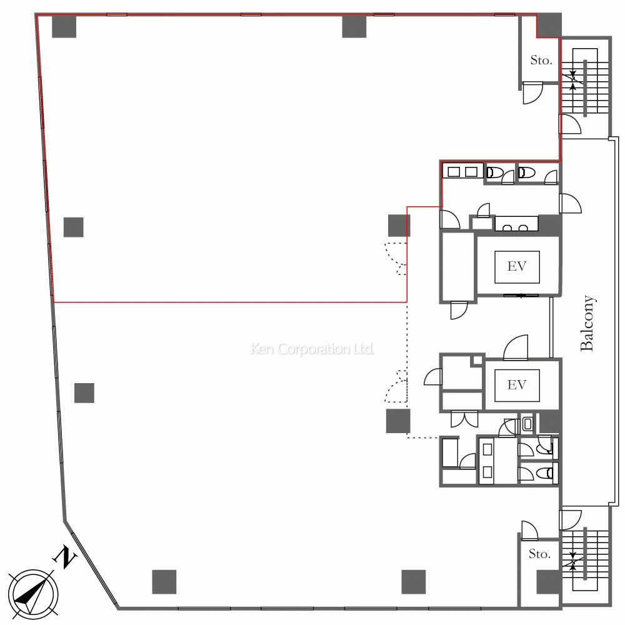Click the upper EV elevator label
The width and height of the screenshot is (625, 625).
[x=517, y=266]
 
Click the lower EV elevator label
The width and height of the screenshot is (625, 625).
[x=517, y=385]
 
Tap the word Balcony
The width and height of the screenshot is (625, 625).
[x=587, y=323]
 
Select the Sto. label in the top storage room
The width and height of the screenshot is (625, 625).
[x=541, y=60]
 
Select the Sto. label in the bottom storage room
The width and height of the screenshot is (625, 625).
[x=540, y=554]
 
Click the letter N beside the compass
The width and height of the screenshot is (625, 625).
[x=64, y=557]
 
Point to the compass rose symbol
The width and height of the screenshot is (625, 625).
[x=34, y=594]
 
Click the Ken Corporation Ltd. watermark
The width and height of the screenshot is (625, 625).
[x=312, y=349]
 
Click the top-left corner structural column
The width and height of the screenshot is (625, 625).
[x=64, y=26]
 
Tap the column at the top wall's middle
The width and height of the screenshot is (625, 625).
[x=354, y=26]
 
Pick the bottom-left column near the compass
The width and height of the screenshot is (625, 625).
[x=164, y=582]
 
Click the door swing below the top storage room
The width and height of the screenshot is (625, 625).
[x=532, y=93]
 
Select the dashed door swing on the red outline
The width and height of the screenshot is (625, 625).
[x=396, y=259]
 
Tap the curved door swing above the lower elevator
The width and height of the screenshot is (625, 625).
[x=516, y=347]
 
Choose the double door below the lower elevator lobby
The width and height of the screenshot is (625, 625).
[x=464, y=419]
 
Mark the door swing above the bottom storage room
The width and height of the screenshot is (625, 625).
[x=530, y=531]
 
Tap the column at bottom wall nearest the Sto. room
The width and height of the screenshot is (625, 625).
[x=413, y=582]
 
